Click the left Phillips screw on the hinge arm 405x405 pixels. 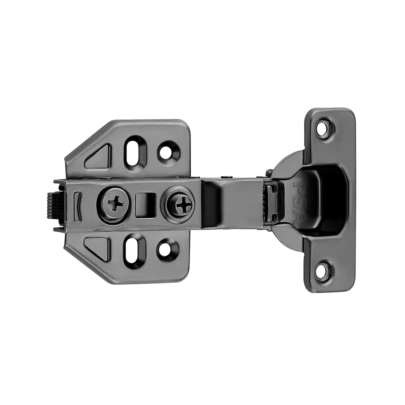click(x=115, y=203)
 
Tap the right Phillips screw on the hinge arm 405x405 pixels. click(x=183, y=204)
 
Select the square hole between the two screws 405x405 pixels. click(x=145, y=204)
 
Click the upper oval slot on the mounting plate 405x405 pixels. click(x=135, y=151)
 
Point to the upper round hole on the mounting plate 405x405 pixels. click(x=166, y=152)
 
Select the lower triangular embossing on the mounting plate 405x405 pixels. click(x=99, y=247)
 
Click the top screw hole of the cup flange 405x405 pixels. click(x=323, y=129)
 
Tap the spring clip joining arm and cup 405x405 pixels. click(x=272, y=202)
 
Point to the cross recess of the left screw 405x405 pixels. click(x=115, y=203)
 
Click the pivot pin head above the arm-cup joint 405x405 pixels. click(x=269, y=173)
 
